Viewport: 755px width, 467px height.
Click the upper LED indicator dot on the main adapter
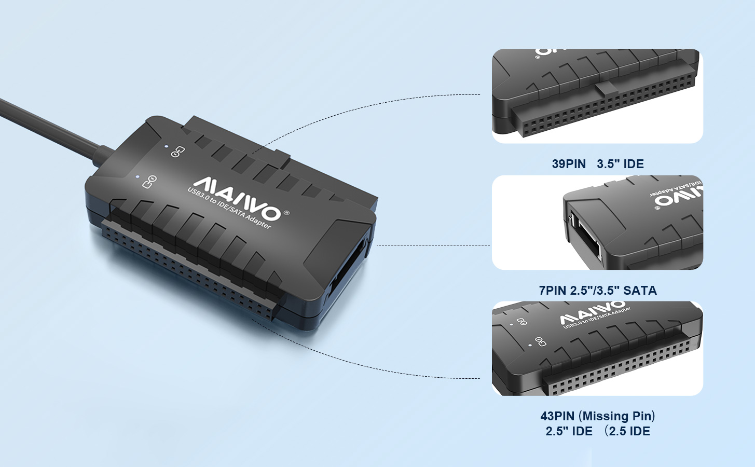click(166, 147)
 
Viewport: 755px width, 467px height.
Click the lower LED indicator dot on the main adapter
click(138, 176)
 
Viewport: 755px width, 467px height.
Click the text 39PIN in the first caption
click(569, 164)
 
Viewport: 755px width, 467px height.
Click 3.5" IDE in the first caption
click(620, 164)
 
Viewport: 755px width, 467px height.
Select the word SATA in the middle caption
click(640, 291)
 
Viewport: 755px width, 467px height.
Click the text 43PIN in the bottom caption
click(557, 416)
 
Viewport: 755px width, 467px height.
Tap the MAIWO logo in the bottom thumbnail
click(592, 313)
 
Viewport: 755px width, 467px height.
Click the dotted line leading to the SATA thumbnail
click(433, 244)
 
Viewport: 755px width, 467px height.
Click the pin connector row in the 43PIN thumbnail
click(617, 367)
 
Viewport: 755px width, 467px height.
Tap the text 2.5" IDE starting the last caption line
click(569, 431)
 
